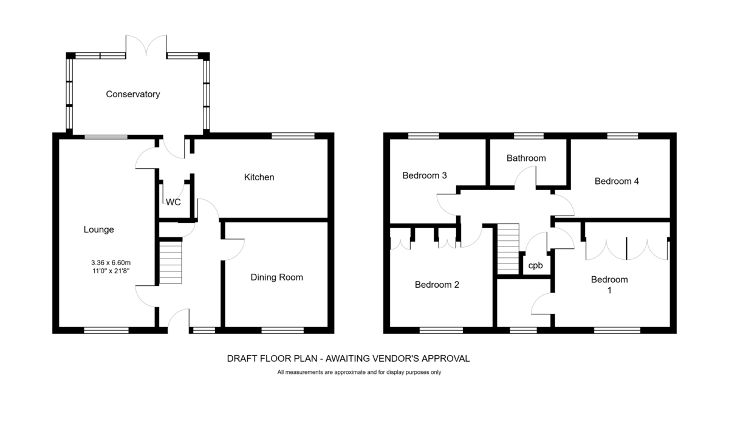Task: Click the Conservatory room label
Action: pos(133,94)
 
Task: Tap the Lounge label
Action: pos(98,229)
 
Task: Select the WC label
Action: pos(173,202)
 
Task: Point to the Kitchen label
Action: pos(259,177)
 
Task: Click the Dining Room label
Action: pos(276,277)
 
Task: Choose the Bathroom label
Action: pos(526,158)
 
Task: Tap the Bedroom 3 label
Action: pos(425,175)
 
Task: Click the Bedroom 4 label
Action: pos(617,181)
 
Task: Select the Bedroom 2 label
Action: pos(437,285)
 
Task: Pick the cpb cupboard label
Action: pos(535,266)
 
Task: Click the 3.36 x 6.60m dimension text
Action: pos(111,262)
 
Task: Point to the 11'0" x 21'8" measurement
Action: pos(111,271)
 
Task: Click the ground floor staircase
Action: pos(171,262)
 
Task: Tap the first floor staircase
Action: pos(508,249)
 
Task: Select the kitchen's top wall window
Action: pos(293,136)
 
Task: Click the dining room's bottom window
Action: pos(282,330)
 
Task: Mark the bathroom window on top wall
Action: pos(529,136)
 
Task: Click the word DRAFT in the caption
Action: pos(241,359)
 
